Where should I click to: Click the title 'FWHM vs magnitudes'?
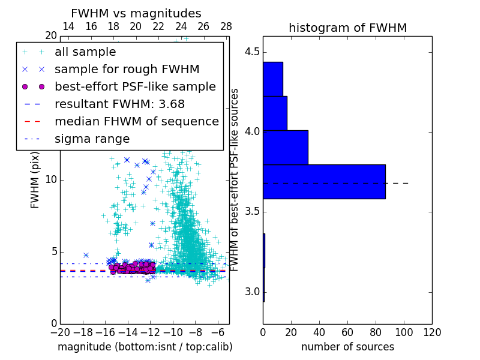tap(136, 14)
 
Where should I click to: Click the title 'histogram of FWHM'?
tap(347, 28)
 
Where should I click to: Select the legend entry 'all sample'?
tap(85, 52)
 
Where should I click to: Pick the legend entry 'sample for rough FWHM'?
tap(127, 69)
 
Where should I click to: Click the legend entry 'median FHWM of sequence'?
tap(136, 121)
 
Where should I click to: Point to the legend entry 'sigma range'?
tap(92, 139)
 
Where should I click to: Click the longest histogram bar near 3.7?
tap(324, 181)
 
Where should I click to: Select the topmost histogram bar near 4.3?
tap(272, 79)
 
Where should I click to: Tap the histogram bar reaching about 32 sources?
tap(285, 147)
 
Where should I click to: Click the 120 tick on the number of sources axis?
tap(432, 332)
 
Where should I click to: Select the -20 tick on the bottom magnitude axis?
tap(60, 332)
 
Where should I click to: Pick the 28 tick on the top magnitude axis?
tap(226, 26)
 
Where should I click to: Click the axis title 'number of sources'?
tap(347, 347)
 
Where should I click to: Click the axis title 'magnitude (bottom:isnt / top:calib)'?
tap(145, 347)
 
